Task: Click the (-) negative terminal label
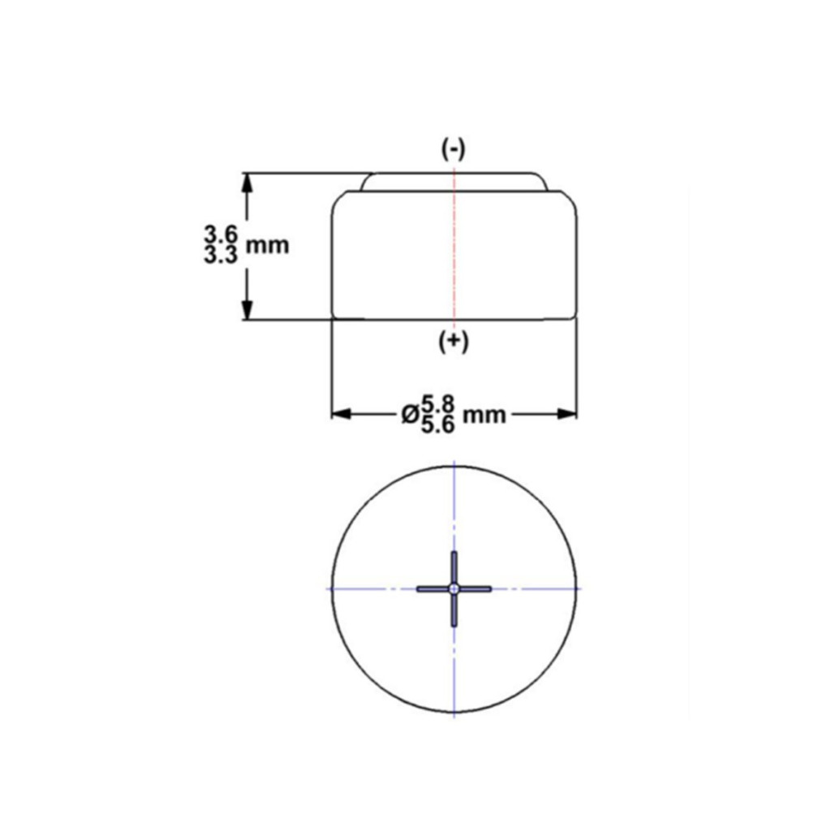[x=454, y=150]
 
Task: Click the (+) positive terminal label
[x=454, y=342]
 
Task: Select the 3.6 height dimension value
[x=221, y=235]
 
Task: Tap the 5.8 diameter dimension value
[x=437, y=406]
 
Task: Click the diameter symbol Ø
[x=410, y=415]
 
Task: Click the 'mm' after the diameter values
[x=484, y=415]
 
